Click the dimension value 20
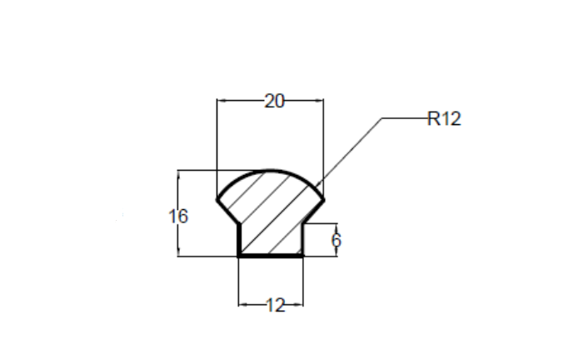(x=274, y=101)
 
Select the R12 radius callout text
(x=444, y=119)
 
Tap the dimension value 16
(x=178, y=217)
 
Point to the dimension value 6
(x=336, y=240)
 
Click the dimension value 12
(x=276, y=306)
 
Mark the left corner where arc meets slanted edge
(x=217, y=201)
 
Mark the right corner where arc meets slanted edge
(x=323, y=201)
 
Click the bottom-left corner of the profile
(x=239, y=256)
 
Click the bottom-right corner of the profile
(x=302, y=256)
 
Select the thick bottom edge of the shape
(x=271, y=256)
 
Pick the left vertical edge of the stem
(x=239, y=240)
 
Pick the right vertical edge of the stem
(x=302, y=240)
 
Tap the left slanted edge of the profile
(x=228, y=212)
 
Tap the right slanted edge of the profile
(x=312, y=212)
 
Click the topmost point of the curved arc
(x=271, y=171)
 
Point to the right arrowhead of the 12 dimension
(x=299, y=304)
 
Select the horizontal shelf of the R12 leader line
(x=405, y=118)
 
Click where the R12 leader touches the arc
(x=317, y=185)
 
